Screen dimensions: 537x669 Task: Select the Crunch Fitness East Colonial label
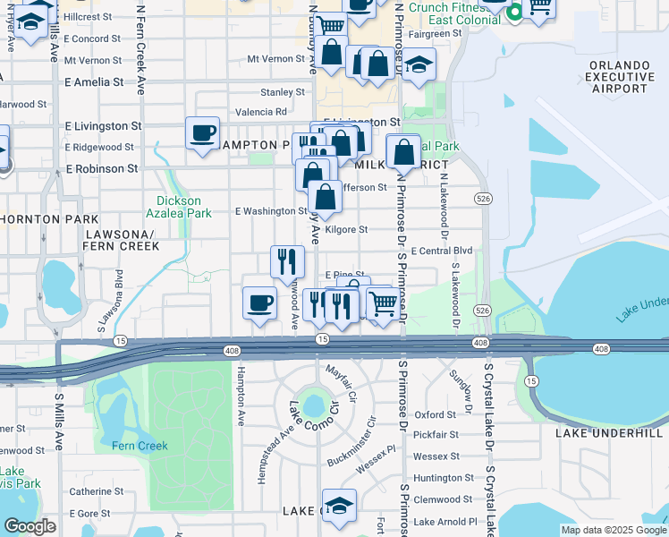453,13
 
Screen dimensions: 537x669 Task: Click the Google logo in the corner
30,526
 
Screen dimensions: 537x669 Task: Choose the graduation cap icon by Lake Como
339,507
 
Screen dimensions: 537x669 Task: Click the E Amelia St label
94,82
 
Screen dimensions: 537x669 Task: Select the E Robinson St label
101,168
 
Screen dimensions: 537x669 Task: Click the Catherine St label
96,490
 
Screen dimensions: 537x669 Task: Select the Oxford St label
436,415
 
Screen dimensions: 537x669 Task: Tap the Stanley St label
283,92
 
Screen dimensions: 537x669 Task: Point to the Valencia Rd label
261,113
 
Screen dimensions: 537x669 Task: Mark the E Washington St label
271,212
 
